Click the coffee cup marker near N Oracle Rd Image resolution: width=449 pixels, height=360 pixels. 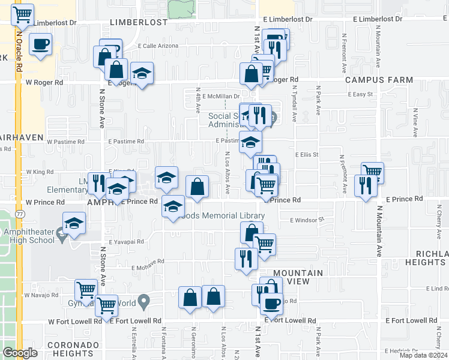point(40,44)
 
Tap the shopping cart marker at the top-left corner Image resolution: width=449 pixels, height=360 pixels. point(23,14)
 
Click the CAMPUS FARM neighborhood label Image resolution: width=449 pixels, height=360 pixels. point(379,79)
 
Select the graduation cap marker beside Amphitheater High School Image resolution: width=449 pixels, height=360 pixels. point(74,224)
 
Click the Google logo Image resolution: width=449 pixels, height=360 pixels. point(20,353)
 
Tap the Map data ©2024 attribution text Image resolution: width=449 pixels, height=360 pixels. point(423,355)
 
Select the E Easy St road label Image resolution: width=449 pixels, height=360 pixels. point(361,94)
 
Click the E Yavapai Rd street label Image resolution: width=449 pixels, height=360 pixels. point(127,241)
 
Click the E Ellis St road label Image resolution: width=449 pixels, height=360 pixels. point(306,154)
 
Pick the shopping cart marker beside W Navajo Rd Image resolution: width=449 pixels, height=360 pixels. point(86,290)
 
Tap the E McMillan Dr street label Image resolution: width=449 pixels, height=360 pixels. point(221,95)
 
